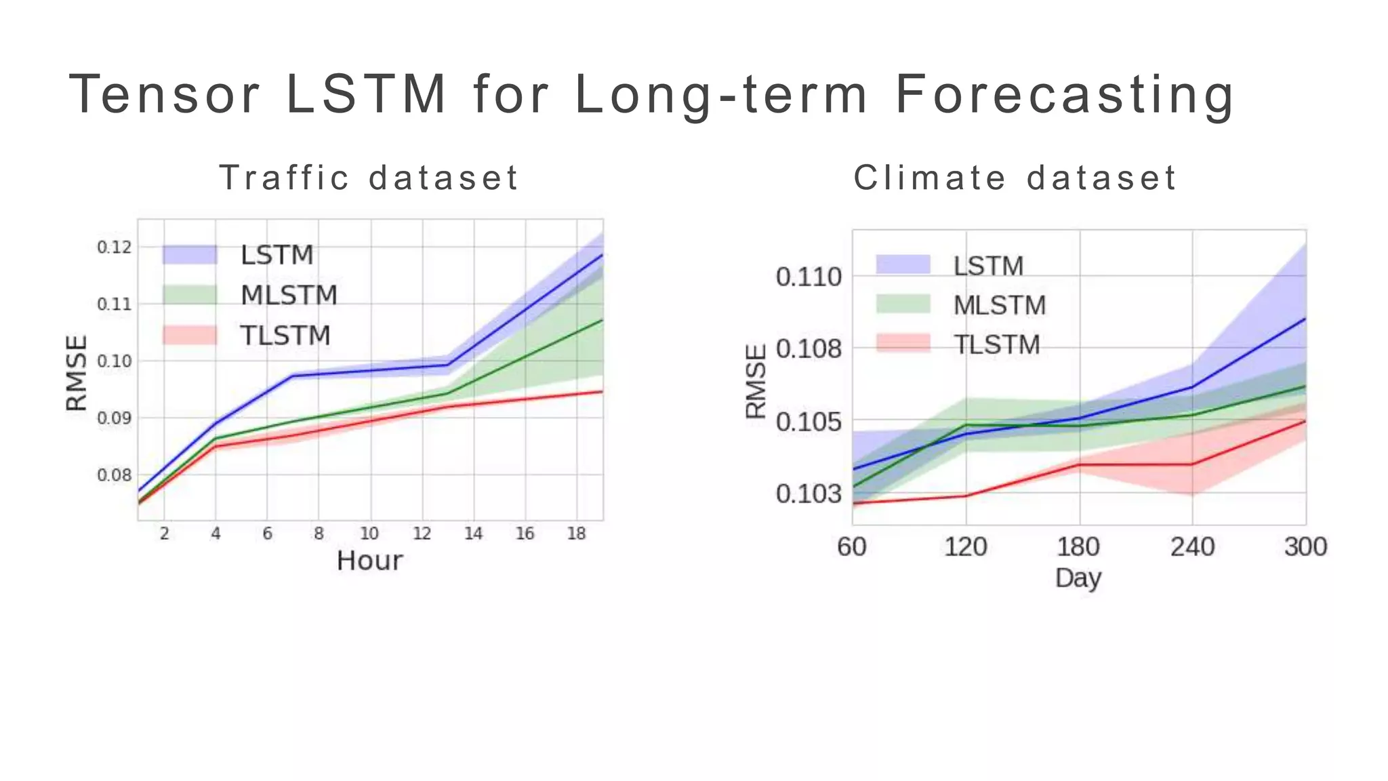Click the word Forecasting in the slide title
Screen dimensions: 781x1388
(x=1064, y=95)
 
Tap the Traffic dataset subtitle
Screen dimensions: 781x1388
(x=369, y=178)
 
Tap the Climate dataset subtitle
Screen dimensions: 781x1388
(x=1015, y=178)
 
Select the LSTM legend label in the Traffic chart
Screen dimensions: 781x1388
(x=277, y=256)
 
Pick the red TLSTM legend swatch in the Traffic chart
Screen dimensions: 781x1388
(x=190, y=335)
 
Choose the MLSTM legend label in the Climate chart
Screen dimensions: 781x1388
(x=1000, y=305)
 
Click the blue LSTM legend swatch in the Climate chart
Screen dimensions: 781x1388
(x=903, y=265)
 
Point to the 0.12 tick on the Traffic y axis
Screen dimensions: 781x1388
(x=114, y=247)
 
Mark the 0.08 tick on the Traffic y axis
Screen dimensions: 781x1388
(x=114, y=475)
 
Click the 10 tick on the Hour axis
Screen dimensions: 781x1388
(x=369, y=534)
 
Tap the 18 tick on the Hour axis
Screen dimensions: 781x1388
(x=576, y=534)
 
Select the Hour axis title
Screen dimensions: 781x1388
(x=369, y=561)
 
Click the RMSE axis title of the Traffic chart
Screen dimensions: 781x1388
(x=77, y=373)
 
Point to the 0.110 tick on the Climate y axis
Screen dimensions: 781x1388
(x=808, y=277)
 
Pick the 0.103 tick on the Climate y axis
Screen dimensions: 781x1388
(x=808, y=494)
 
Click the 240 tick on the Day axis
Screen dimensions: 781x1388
(x=1192, y=546)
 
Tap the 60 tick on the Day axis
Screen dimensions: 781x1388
(x=852, y=546)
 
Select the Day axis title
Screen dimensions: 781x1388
(x=1078, y=578)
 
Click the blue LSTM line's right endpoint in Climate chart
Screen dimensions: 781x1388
(x=1305, y=319)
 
